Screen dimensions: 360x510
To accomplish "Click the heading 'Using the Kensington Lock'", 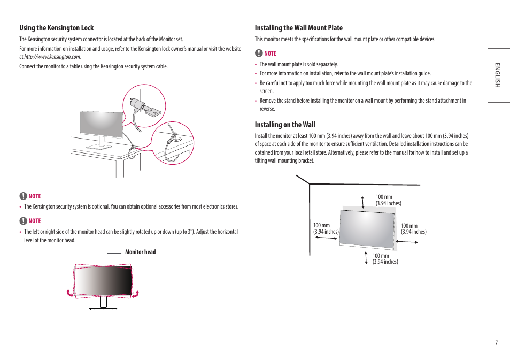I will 57,28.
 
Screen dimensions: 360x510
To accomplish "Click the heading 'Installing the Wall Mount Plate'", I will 298,28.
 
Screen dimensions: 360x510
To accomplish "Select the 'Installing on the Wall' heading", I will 285,125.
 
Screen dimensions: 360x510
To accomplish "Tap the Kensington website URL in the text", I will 52,57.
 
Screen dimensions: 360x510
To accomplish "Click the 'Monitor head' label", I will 140,252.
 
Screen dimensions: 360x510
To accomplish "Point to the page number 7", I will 496,343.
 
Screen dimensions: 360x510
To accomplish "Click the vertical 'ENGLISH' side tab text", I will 497,75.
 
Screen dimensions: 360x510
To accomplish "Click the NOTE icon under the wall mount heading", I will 259,53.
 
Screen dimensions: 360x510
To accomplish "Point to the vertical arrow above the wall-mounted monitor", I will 363,202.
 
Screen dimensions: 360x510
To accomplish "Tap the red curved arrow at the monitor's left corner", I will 69,293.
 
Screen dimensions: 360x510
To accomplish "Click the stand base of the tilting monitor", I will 103,308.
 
